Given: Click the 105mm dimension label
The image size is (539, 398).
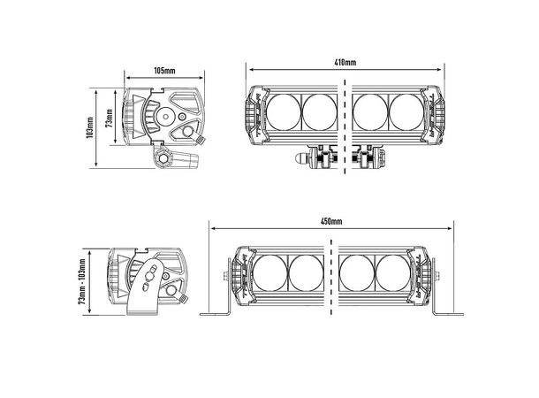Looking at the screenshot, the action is click(164, 71).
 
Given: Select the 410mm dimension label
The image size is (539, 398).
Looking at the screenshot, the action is click(345, 62).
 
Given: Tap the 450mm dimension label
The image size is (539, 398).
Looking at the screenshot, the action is click(331, 221).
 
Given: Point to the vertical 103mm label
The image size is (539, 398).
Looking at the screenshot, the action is click(90, 127).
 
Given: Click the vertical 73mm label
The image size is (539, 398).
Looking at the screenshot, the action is click(110, 118).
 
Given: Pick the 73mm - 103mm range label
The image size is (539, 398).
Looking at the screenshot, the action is click(82, 281).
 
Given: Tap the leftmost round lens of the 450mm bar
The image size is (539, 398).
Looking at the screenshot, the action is click(269, 272).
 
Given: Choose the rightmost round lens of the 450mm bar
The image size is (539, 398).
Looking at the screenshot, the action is click(393, 272).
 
